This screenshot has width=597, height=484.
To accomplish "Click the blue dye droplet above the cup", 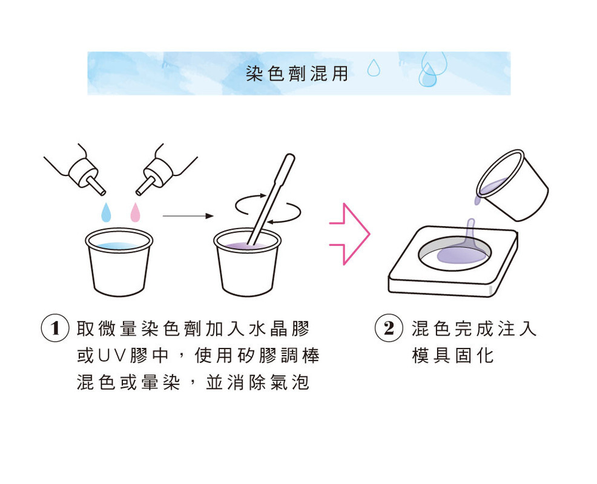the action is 106,212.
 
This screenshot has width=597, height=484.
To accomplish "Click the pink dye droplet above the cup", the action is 135,212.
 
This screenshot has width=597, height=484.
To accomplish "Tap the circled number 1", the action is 55,329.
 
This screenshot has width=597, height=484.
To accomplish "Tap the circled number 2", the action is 389,329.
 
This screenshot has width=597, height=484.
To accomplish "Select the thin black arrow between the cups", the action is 188,216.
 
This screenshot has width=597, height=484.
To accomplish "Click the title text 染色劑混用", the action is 297,73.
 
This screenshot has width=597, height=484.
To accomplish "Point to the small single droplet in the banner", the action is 374,67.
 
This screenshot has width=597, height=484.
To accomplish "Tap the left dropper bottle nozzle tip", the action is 103,192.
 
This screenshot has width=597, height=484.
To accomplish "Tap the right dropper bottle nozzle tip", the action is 139,192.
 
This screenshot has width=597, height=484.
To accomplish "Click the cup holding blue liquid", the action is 119,262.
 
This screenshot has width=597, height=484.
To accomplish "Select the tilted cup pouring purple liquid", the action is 512,185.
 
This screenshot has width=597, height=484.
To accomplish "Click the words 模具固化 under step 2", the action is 453,356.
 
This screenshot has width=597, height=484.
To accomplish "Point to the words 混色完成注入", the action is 474,329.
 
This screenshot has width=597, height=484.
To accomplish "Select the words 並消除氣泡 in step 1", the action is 257,382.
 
